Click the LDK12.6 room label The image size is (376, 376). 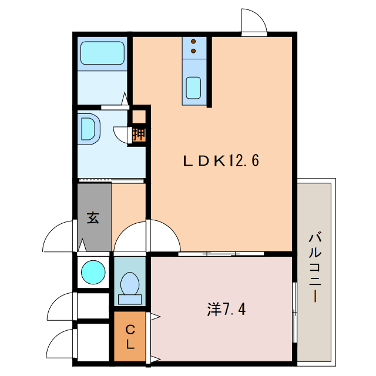[x=221, y=160]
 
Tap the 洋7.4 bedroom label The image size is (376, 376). [x=226, y=309]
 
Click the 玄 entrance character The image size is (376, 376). [x=93, y=218]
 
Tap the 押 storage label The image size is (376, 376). [x=139, y=135]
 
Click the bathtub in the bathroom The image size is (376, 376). [x=102, y=53]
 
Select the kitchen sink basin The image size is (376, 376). [x=193, y=88]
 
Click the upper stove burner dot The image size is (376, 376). [x=193, y=42]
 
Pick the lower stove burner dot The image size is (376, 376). [x=193, y=51]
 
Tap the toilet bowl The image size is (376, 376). [x=130, y=283]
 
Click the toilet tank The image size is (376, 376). [x=130, y=300]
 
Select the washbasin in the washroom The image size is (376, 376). [x=89, y=129]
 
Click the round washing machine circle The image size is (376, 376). [x=93, y=273]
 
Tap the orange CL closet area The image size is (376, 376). [x=130, y=336]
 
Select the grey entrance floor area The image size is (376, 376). [x=94, y=217]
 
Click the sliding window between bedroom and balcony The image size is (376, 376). [x=294, y=313]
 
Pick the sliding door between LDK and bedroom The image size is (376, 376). [x=221, y=254]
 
